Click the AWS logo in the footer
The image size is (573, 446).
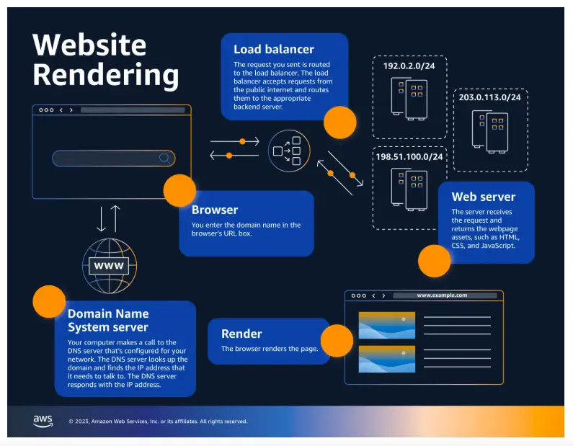coord(43,421)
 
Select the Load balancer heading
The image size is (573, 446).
coord(274,49)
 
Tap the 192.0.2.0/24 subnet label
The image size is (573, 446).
coord(409,66)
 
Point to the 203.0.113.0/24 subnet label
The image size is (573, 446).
coord(489,97)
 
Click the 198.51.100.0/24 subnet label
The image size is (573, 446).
coord(409,157)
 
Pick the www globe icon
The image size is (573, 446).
coord(110,266)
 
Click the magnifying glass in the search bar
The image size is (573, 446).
coord(165,158)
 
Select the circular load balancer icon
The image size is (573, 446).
coord(289,151)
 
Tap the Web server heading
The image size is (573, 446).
coord(483,197)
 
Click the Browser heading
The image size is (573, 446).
coord(215,210)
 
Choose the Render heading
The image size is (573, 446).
coord(241,334)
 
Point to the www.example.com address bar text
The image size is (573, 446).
coord(442,295)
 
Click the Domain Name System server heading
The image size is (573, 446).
coord(108,321)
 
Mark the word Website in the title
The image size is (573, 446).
coord(89,45)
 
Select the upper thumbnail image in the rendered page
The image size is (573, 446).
coord(387,325)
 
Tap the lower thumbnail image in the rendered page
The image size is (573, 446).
coord(387,359)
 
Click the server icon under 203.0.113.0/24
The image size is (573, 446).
coord(489,132)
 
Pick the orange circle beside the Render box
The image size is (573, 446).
coord(337,341)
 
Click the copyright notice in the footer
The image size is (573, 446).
coord(158,422)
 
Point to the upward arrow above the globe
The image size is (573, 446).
coord(115,218)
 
